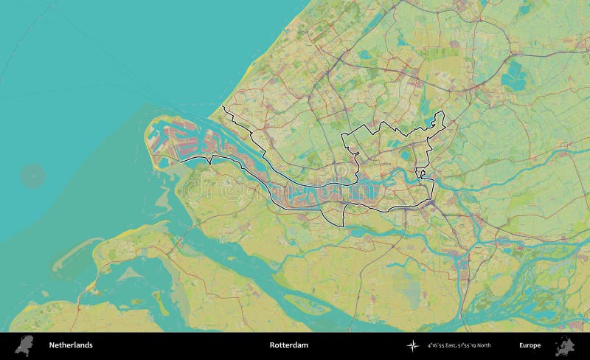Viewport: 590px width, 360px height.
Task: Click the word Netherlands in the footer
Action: [x=71, y=345]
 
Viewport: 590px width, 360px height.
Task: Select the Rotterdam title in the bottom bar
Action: [x=288, y=345]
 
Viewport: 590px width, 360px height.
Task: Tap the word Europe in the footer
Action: [x=529, y=345]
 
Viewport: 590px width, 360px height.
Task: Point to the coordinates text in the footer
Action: [x=459, y=345]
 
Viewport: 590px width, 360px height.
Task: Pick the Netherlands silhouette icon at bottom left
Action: [x=25, y=345]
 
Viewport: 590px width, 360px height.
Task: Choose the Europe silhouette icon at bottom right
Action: [x=565, y=345]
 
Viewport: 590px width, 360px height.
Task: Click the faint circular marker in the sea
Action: [x=32, y=176]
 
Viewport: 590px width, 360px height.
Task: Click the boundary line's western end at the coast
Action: [x=223, y=108]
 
